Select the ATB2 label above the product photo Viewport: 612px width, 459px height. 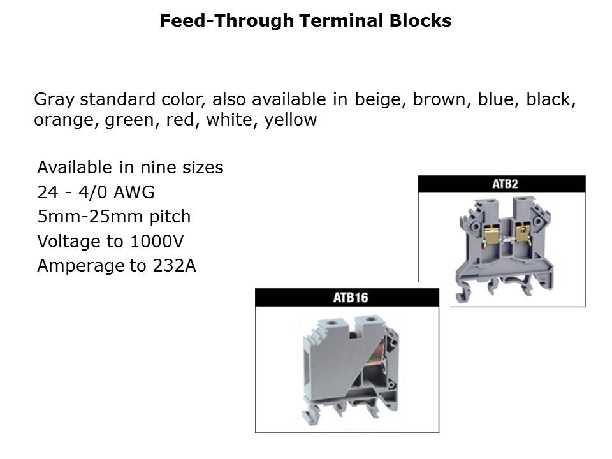click(505, 184)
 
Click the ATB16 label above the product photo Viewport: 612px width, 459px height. click(351, 298)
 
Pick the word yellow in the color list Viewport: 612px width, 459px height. click(291, 120)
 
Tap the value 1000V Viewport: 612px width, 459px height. click(156, 241)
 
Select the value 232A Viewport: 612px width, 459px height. click(174, 266)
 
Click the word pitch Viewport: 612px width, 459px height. click(170, 217)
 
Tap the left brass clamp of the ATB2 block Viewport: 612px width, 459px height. click(492, 235)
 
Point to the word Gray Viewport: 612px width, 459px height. click(54, 100)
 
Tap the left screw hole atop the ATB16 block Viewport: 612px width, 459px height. click(333, 323)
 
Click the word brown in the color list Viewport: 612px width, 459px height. click(439, 99)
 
